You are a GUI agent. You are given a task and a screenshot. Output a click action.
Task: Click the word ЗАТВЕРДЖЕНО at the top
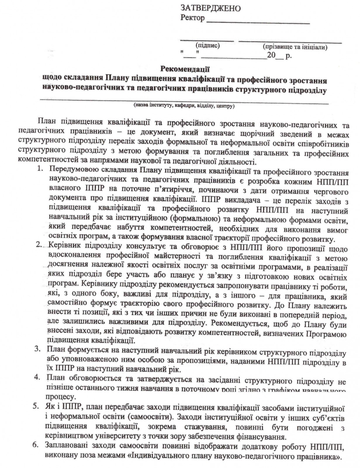[210, 8]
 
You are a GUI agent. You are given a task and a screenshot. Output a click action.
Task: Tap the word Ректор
[193, 18]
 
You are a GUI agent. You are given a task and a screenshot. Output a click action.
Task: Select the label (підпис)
[207, 45]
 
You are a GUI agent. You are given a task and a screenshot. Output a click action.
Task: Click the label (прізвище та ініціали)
[295, 47]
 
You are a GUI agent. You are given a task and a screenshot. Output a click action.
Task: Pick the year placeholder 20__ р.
[279, 55]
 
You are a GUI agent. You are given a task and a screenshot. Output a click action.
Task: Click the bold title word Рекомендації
[185, 69]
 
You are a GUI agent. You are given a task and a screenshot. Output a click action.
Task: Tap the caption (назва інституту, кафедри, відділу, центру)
[184, 106]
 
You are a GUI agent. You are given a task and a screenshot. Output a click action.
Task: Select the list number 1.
[40, 169]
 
